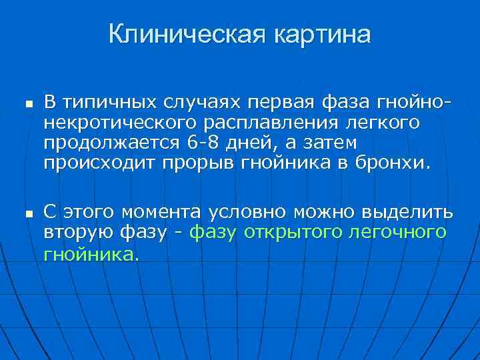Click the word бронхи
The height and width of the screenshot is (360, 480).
tap(397, 163)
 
